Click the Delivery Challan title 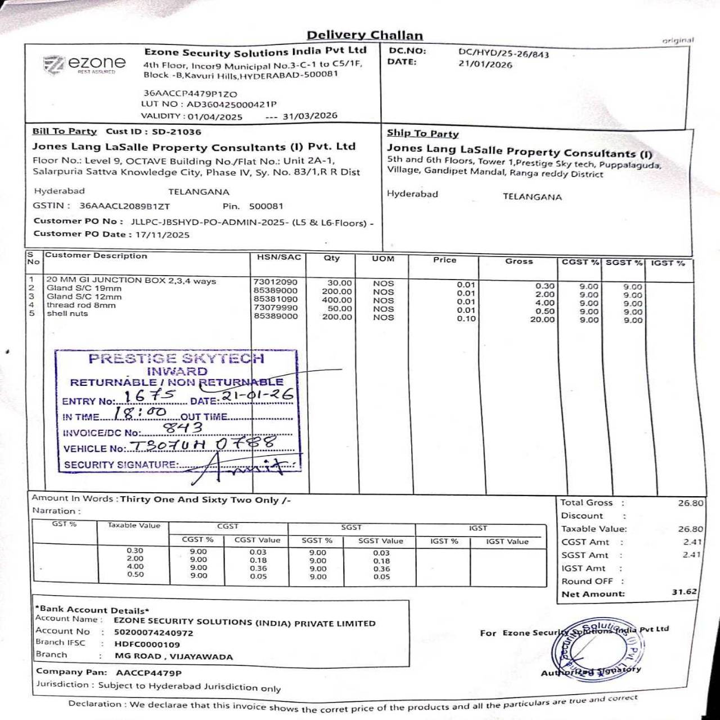click(x=364, y=35)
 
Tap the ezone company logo click(x=84, y=64)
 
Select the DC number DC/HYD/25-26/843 click(x=503, y=53)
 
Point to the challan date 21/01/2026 click(x=485, y=64)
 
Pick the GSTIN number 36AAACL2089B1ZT click(x=124, y=206)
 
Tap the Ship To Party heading click(x=422, y=133)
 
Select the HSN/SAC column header click(x=279, y=257)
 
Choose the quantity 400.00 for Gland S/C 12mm click(x=337, y=300)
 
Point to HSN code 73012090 click(x=276, y=282)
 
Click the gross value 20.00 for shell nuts click(x=542, y=319)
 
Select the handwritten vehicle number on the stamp click(x=202, y=445)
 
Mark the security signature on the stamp click(x=242, y=465)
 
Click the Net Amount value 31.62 click(x=684, y=592)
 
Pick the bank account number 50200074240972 click(x=154, y=632)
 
